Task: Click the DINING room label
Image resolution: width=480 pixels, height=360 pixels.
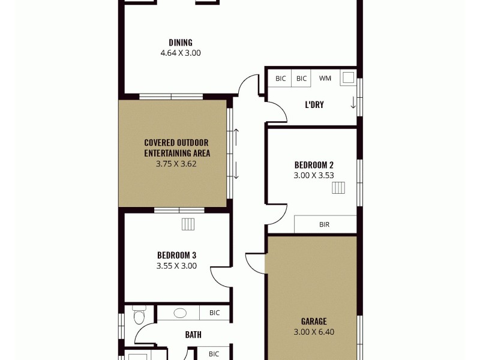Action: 180,43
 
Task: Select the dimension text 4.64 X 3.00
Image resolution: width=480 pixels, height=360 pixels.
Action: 180,53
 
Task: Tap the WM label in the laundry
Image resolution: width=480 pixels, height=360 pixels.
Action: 325,79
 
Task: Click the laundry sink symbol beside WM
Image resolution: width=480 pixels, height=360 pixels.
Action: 347,77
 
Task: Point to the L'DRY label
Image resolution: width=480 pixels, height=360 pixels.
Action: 314,104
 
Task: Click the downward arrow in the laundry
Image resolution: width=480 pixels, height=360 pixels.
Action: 353,103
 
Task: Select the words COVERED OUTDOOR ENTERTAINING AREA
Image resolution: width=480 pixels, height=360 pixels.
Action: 176,148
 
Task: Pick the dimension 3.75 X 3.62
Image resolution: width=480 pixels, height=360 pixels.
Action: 176,163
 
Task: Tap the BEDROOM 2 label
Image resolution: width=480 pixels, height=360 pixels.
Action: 314,165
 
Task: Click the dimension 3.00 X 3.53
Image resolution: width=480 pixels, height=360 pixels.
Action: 314,176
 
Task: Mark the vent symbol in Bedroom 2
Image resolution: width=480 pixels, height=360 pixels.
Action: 339,189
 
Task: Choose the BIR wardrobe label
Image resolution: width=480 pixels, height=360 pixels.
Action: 324,225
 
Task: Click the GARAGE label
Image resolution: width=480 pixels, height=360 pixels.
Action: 314,321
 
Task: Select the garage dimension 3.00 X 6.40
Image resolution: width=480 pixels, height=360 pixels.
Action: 314,332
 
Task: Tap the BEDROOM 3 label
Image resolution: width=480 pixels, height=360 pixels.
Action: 176,255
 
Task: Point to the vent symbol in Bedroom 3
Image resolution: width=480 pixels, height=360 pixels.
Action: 188,224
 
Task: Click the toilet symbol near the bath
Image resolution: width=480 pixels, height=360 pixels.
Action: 139,316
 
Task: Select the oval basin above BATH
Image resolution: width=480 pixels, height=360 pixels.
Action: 180,313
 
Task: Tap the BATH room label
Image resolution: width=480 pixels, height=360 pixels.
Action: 193,335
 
